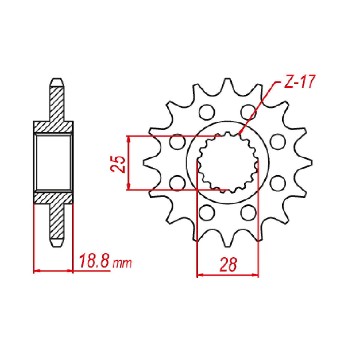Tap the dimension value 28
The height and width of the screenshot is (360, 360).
point(228,264)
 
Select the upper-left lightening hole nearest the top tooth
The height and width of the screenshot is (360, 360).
point(207,112)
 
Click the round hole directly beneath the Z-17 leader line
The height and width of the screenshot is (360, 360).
point(249,112)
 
